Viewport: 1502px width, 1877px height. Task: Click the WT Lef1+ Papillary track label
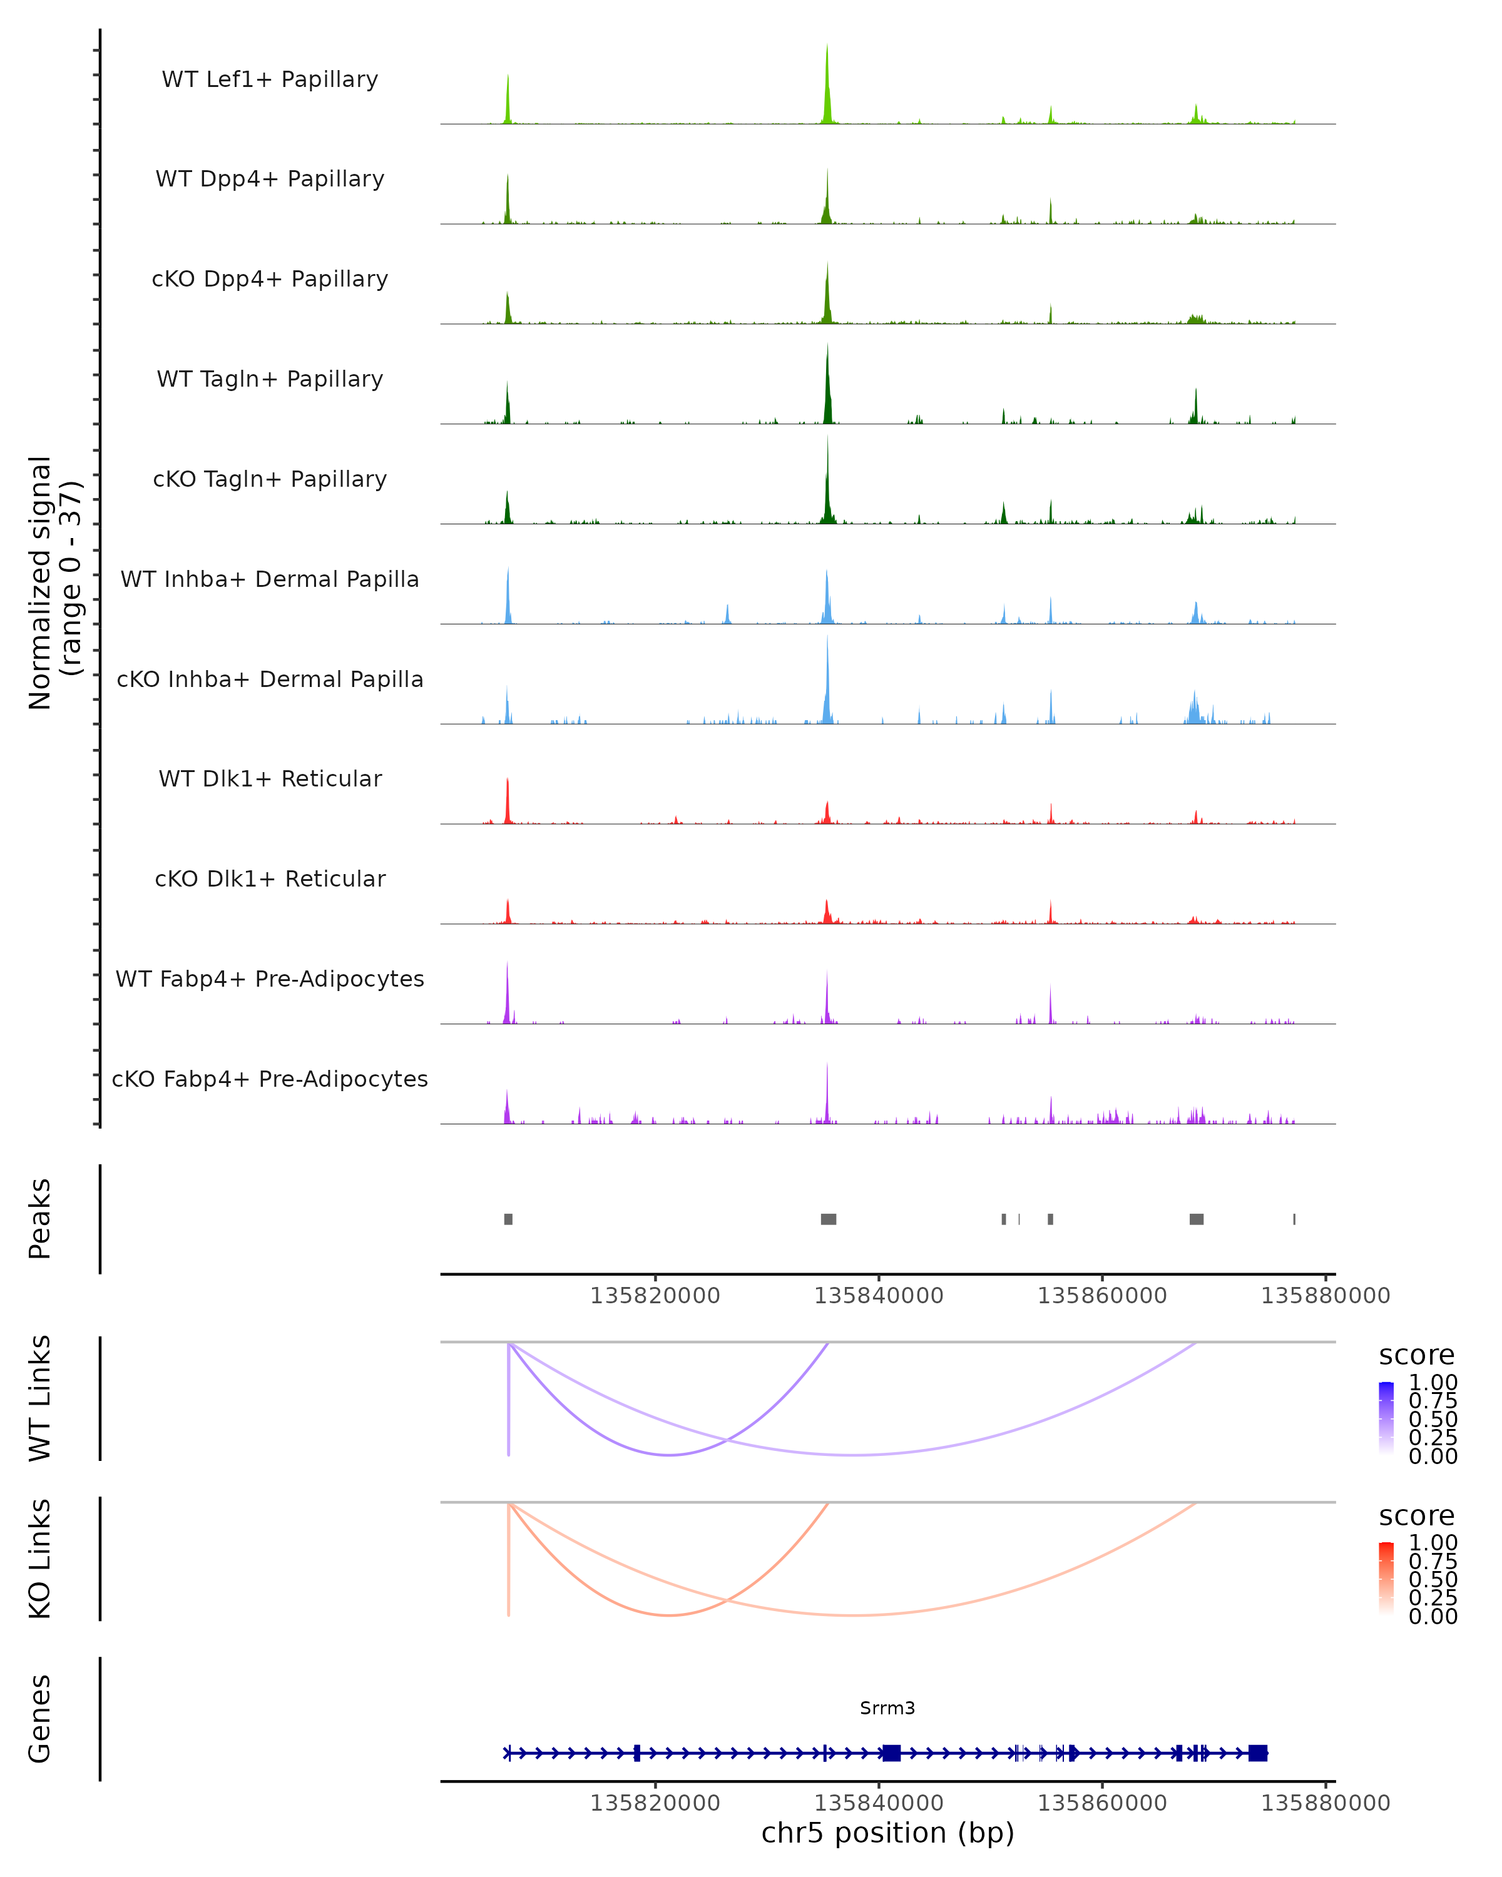pyautogui.click(x=270, y=79)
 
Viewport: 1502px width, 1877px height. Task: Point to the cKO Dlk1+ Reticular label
pyautogui.click(x=270, y=878)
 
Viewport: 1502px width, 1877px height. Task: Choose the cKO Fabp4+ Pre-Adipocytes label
pyautogui.click(x=270, y=1079)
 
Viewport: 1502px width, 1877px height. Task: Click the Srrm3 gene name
pyautogui.click(x=887, y=1708)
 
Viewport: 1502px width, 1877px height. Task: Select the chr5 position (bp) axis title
pyautogui.click(x=887, y=1833)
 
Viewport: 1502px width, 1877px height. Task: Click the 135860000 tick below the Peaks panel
pyautogui.click(x=1102, y=1296)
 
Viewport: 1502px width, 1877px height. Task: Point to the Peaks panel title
pyautogui.click(x=39, y=1219)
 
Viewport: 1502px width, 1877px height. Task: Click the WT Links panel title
pyautogui.click(x=39, y=1398)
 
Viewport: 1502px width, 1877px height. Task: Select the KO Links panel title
pyautogui.click(x=39, y=1559)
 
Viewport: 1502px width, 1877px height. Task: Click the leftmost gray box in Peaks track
pyautogui.click(x=509, y=1219)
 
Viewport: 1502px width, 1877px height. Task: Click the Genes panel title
pyautogui.click(x=39, y=1719)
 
